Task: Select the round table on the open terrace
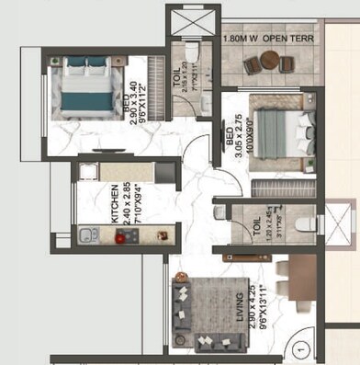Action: tap(269, 61)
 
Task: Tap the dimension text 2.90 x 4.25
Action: tap(249, 308)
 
